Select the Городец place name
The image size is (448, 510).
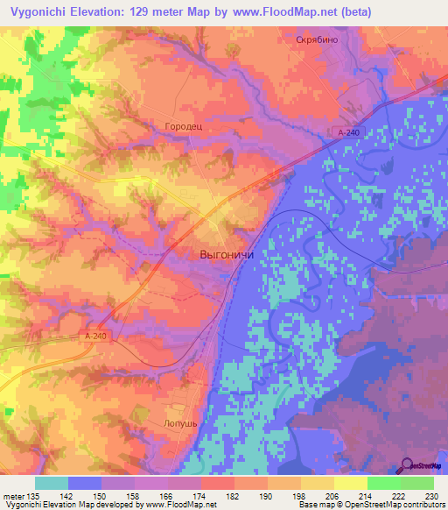[x=184, y=126]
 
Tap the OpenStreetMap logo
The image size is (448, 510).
[x=424, y=466]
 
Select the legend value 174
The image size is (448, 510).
[x=201, y=496]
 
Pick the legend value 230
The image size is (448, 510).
[x=434, y=496]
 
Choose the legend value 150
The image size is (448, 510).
[x=101, y=496]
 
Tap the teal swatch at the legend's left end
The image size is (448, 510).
[x=52, y=483]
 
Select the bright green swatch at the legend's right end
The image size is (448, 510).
[x=417, y=483]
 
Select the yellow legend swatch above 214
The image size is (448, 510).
[x=351, y=483]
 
